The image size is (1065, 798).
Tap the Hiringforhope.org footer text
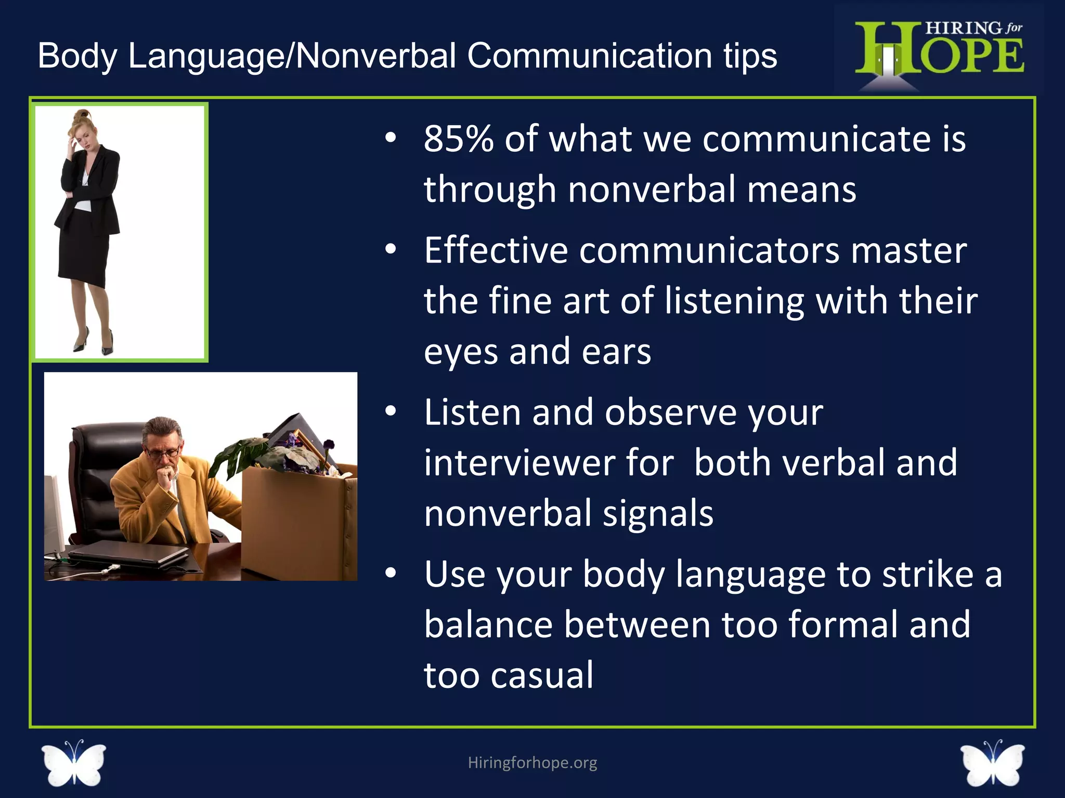(x=532, y=762)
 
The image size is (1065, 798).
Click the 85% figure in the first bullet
(x=458, y=139)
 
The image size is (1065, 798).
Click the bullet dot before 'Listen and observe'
(x=391, y=412)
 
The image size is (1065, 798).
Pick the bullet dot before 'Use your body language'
(x=391, y=574)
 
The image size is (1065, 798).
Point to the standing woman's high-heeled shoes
(x=94, y=343)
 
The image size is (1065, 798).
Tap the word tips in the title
(x=750, y=56)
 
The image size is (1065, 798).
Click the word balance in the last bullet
(x=488, y=624)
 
